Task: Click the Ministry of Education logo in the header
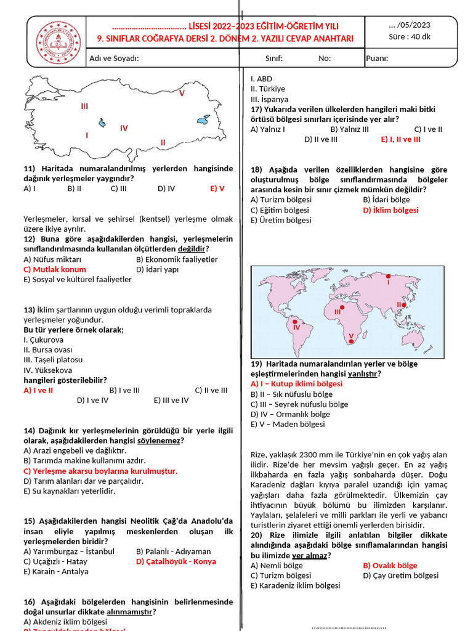click(59, 42)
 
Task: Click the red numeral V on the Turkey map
click(182, 93)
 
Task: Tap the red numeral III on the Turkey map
click(84, 106)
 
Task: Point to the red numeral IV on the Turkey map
click(124, 128)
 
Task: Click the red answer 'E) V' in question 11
click(217, 189)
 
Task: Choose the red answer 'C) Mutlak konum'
click(55, 269)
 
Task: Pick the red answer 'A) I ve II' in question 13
click(38, 390)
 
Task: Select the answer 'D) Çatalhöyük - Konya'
click(176, 561)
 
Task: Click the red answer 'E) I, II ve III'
click(400, 139)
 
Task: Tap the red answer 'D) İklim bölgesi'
click(390, 210)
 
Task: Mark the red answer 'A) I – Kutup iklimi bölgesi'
click(296, 384)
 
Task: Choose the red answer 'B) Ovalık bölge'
click(390, 566)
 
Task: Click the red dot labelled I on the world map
click(388, 275)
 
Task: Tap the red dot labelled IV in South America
click(295, 322)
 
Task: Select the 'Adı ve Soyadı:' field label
click(114, 59)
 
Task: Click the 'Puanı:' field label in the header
click(377, 59)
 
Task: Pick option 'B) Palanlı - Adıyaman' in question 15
click(174, 552)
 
